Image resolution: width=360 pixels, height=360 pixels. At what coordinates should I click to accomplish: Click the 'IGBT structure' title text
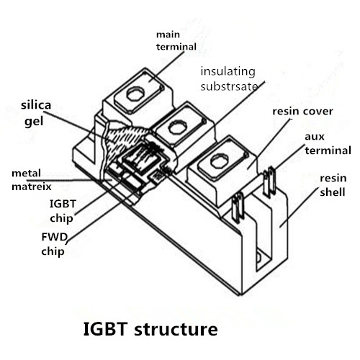point(150,329)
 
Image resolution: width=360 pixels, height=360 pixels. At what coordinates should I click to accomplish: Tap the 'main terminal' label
point(176,40)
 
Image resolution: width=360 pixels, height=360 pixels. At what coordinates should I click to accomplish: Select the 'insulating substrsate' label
point(229,79)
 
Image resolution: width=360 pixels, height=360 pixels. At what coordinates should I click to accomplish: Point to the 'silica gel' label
point(36,114)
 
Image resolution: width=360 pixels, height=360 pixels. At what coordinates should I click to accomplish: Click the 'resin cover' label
point(303,112)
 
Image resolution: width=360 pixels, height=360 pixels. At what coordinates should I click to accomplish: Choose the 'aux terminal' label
point(328,143)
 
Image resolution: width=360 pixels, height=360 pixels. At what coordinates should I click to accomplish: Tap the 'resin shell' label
point(333,185)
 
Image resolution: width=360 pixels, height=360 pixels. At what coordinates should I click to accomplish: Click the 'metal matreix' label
point(32,180)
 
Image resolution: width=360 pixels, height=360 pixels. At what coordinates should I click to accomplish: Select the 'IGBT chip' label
point(63,211)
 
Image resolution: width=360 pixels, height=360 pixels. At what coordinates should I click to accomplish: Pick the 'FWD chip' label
point(54,244)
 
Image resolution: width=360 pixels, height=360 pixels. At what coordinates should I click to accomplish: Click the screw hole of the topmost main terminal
point(135,94)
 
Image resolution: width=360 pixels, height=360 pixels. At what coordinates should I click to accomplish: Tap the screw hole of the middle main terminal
point(178,127)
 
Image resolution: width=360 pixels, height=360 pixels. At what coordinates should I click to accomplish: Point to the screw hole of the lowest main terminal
point(219,161)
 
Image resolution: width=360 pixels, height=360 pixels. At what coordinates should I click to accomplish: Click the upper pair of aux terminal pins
point(269,181)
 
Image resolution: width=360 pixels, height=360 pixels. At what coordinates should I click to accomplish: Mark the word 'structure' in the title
point(176,329)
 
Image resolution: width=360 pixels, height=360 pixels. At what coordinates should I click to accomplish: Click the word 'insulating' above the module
point(228,72)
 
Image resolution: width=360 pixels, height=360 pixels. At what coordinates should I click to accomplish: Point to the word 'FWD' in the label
point(54,237)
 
